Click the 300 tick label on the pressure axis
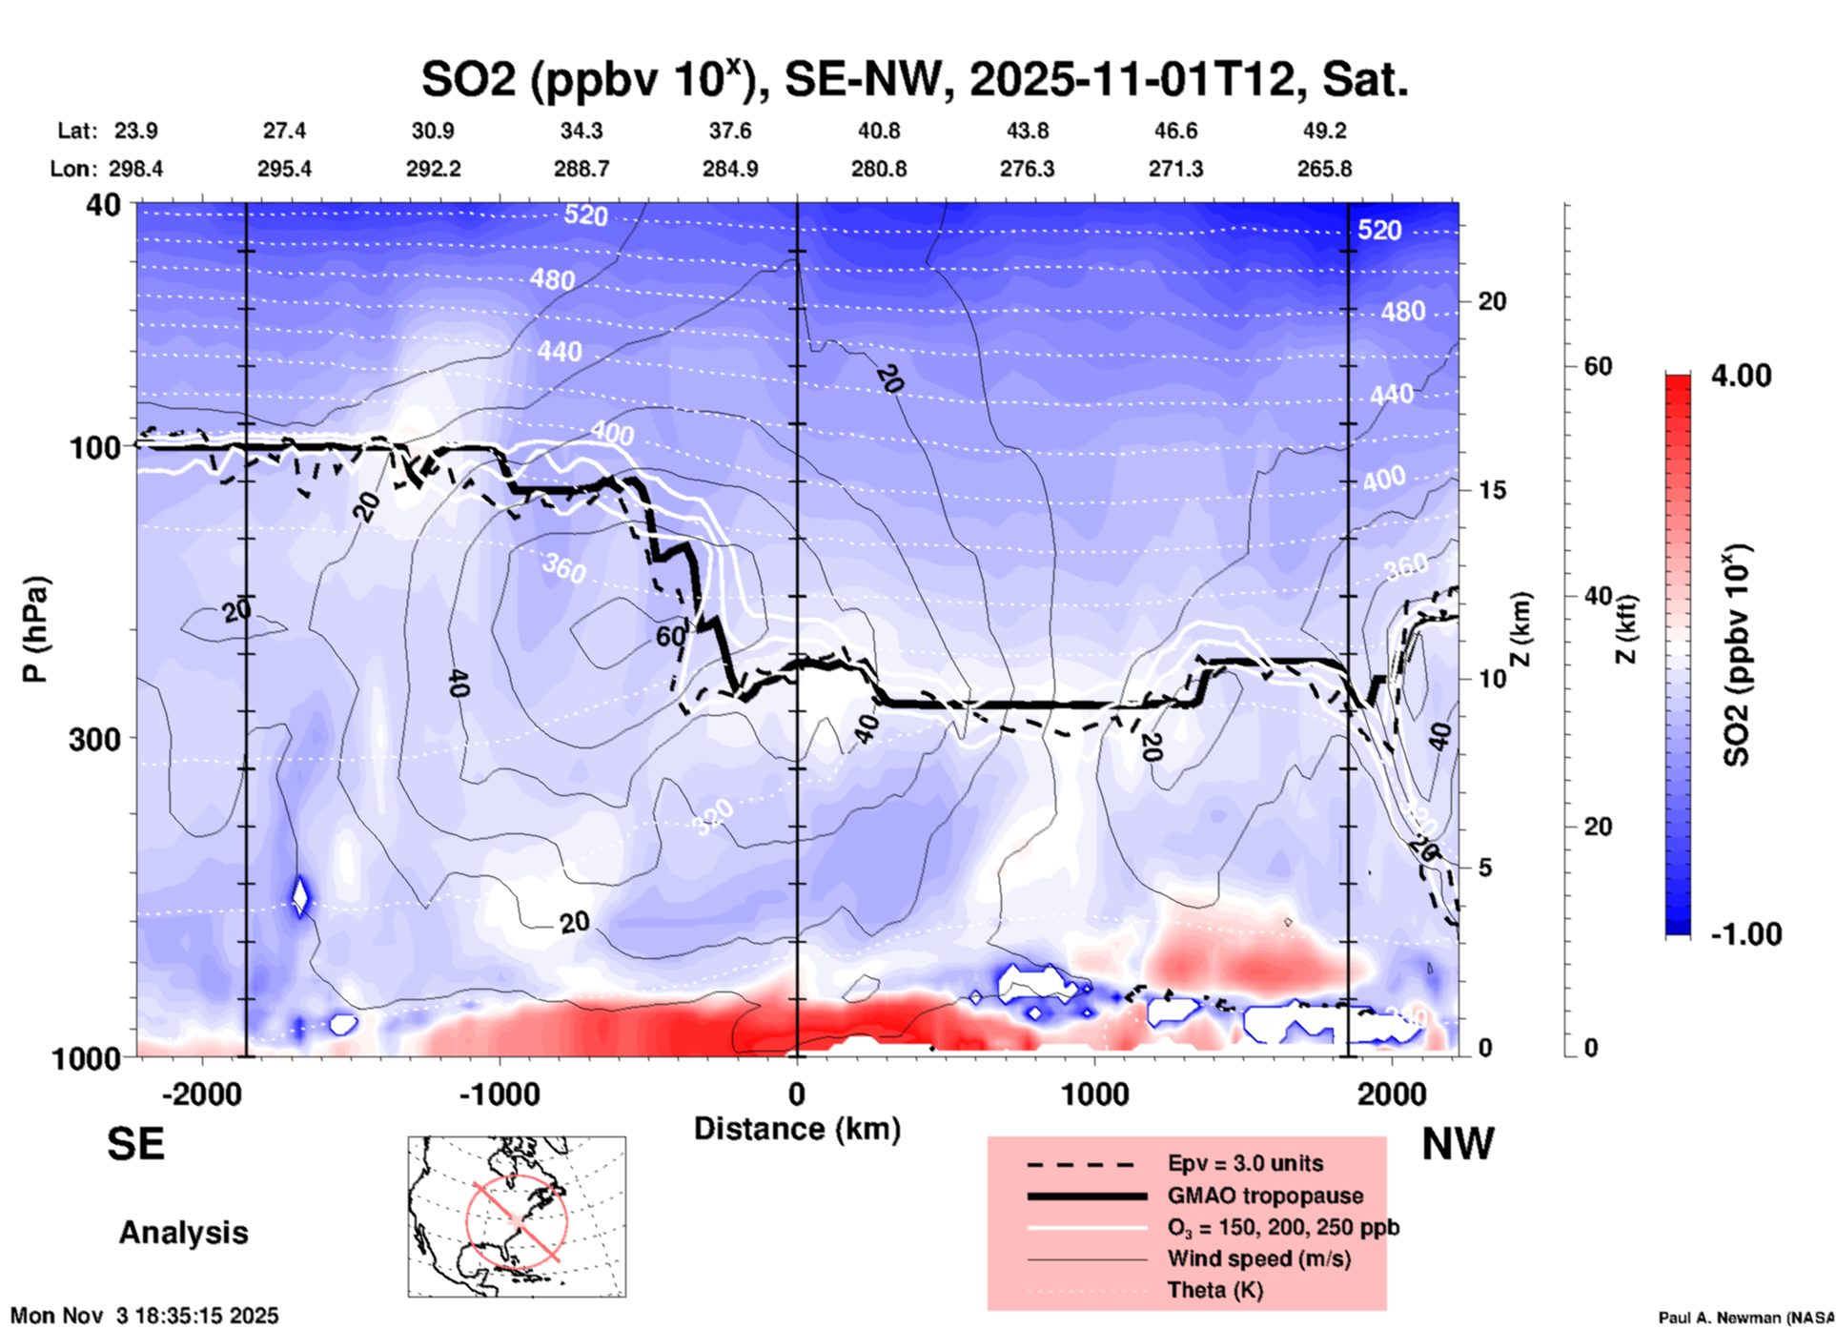click(94, 739)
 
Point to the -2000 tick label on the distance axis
click(202, 1094)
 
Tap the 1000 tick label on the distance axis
click(1094, 1094)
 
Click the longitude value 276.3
click(1027, 169)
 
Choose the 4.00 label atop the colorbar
click(1741, 375)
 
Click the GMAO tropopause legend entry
click(1265, 1196)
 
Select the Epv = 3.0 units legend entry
click(1245, 1163)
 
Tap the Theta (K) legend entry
click(1214, 1290)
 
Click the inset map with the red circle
click(517, 1217)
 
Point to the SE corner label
click(135, 1144)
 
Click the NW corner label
click(1458, 1144)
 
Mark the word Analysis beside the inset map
click(183, 1233)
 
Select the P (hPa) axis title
click(35, 629)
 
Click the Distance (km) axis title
click(797, 1129)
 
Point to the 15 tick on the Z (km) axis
click(1491, 490)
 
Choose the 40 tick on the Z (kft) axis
click(1598, 597)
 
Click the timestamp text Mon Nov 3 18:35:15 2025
click(145, 1316)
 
